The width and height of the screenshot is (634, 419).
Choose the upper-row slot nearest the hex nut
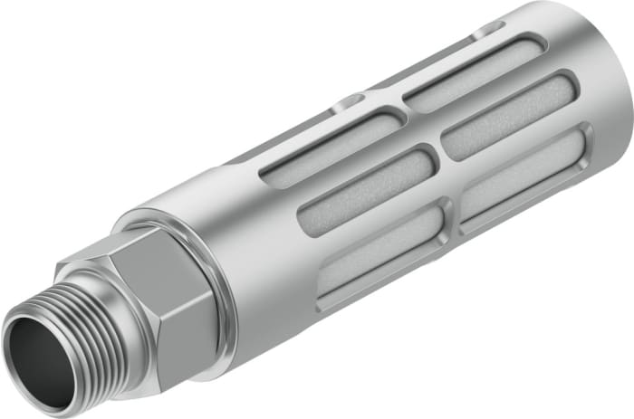(331, 145)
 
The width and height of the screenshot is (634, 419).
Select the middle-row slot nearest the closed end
(512, 113)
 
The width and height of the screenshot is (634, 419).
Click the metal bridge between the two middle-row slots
(434, 153)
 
